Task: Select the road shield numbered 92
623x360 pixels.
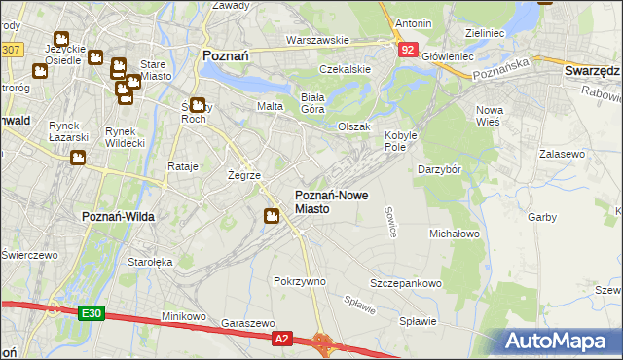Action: pos(408,50)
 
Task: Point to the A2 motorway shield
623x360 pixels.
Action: pos(281,338)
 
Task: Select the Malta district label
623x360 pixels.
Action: pos(270,105)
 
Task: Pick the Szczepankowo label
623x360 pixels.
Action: pos(406,283)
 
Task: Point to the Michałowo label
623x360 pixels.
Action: pos(455,234)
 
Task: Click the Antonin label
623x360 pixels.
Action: pos(413,22)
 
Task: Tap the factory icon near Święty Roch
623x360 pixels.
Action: pos(198,106)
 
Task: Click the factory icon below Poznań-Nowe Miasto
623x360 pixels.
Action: pos(273,217)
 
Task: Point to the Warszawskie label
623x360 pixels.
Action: pos(317,41)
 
